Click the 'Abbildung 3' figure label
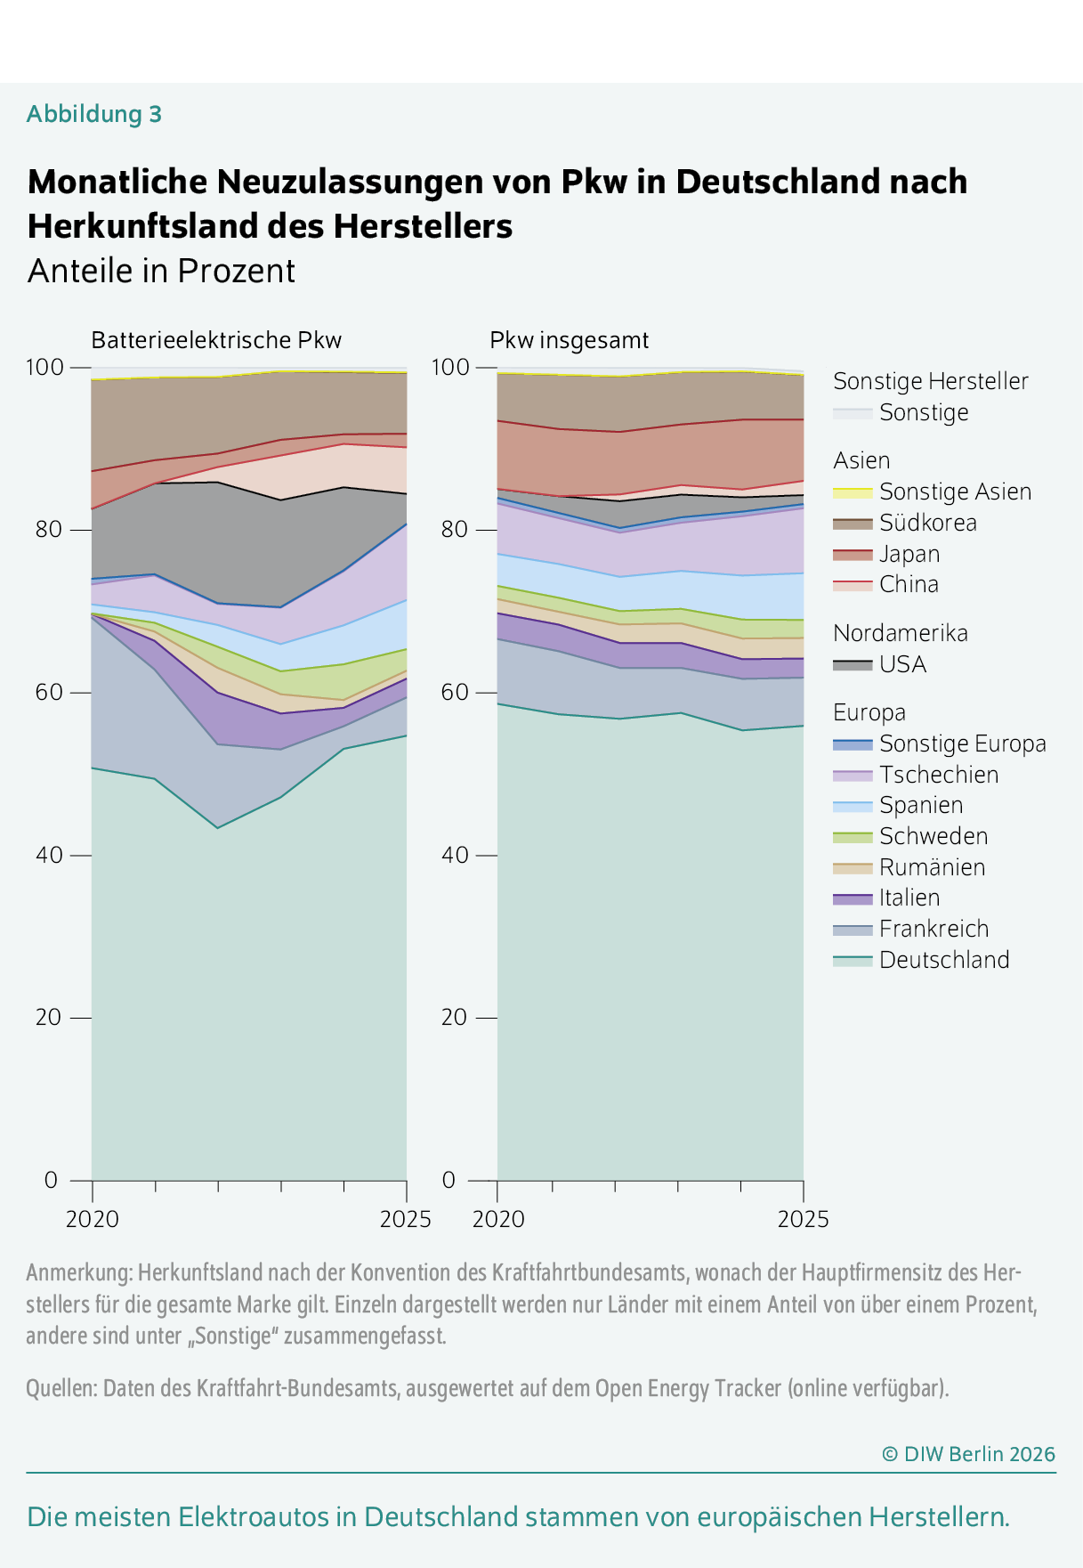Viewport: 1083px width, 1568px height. click(x=93, y=114)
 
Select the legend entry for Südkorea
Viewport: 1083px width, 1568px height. click(x=927, y=523)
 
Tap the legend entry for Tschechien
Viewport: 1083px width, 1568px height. click(x=938, y=775)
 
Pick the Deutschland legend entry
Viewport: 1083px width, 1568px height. click(x=943, y=960)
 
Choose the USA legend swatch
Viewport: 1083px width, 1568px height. click(x=853, y=664)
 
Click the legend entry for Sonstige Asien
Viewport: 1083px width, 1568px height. click(x=955, y=492)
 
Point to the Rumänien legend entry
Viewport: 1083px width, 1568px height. click(x=932, y=867)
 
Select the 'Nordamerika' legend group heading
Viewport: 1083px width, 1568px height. click(x=900, y=633)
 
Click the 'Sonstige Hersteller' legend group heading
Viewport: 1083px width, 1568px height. click(x=930, y=381)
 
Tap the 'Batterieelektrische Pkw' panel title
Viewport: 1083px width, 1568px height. click(x=216, y=340)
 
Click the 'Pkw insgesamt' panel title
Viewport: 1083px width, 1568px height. click(x=569, y=340)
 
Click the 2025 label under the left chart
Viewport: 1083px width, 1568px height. click(x=405, y=1219)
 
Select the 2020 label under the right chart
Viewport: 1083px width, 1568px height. click(x=498, y=1219)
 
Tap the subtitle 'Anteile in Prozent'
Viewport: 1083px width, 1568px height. click(x=161, y=271)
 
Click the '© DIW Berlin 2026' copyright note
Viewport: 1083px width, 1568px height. click(x=968, y=1454)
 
